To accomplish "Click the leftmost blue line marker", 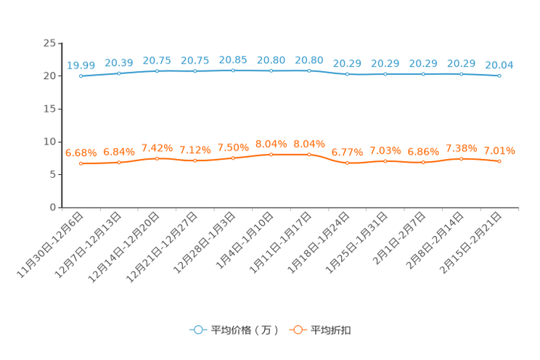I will coord(81,75).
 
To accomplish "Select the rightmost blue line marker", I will coord(499,75).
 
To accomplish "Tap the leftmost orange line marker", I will coord(81,163).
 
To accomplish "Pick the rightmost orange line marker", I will coord(499,161).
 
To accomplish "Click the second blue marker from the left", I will coord(119,73).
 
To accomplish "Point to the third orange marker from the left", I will coord(157,158).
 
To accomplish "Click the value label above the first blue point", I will coord(81,65).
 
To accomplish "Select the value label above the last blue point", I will coord(499,65).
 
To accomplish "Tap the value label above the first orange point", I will coord(81,152).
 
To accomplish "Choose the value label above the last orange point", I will coord(499,151).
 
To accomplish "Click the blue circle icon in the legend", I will coord(197,330).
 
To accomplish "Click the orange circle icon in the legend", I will coord(297,330).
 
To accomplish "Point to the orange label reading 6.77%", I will coord(347,152).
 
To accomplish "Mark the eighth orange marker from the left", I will coord(347,163).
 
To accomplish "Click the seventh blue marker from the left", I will coord(309,70).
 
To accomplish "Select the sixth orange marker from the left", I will coord(271,154).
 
